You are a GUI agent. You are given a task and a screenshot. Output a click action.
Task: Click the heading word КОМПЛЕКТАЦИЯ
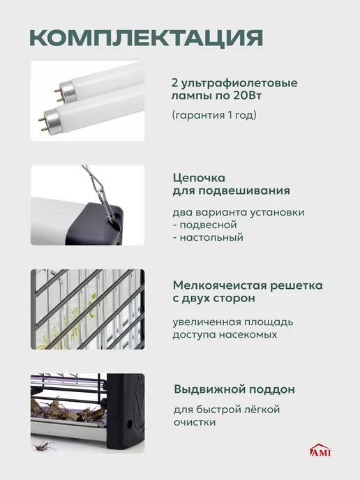pos(147,38)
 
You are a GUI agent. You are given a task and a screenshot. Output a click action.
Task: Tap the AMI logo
pos(320,450)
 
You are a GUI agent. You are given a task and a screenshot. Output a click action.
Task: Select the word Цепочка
pos(199,177)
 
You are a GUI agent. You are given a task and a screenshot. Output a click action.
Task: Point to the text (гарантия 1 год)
pos(214,115)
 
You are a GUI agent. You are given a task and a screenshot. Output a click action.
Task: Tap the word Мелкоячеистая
pos(220,285)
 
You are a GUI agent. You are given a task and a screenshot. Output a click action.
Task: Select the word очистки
pos(195,422)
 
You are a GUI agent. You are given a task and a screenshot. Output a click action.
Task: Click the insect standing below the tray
pos(45,445)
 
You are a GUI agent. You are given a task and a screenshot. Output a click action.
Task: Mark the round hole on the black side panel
pos(130,424)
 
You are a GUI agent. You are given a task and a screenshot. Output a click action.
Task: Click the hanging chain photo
pos(87,205)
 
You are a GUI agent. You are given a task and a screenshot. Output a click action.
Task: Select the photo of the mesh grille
pos(87,309)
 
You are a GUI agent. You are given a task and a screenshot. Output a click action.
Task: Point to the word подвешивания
pos(244,190)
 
